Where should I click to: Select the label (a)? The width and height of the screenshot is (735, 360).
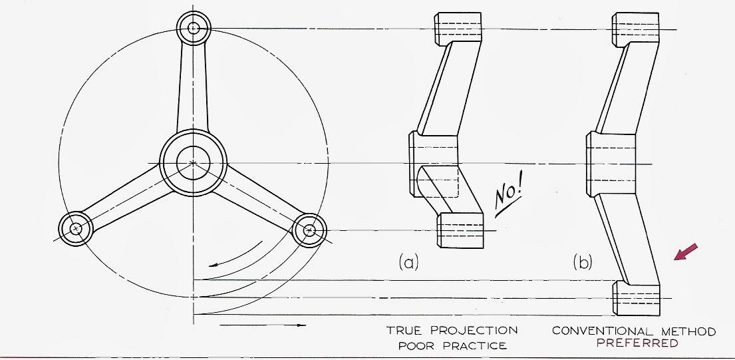[408, 262]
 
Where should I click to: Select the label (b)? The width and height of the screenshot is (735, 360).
[583, 262]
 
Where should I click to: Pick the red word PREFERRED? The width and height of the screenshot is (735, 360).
[637, 343]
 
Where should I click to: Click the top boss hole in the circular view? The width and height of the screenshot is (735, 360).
[194, 29]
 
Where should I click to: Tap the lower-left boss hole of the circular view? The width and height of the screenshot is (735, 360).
[77, 228]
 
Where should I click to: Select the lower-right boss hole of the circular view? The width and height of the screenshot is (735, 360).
[309, 230]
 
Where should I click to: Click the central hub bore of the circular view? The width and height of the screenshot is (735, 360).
[193, 162]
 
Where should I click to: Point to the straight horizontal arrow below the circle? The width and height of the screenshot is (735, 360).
[262, 325]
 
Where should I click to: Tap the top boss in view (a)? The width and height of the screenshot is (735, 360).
[458, 27]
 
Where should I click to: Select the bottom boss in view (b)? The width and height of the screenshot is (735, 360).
[637, 297]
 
